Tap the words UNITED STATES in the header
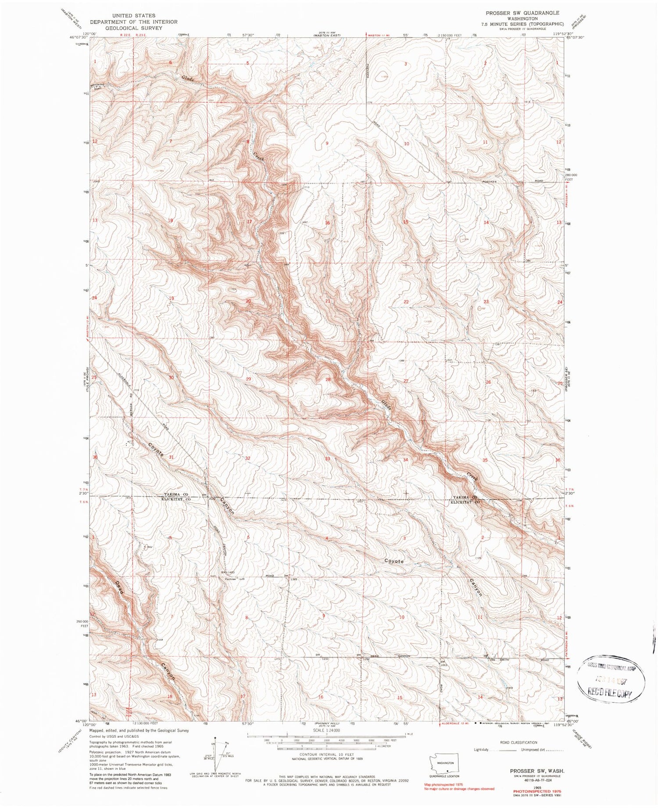click(x=133, y=16)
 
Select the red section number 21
click(x=327, y=301)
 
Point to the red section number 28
click(x=328, y=379)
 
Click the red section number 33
click(x=327, y=459)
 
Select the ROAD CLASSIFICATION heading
click(x=518, y=743)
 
